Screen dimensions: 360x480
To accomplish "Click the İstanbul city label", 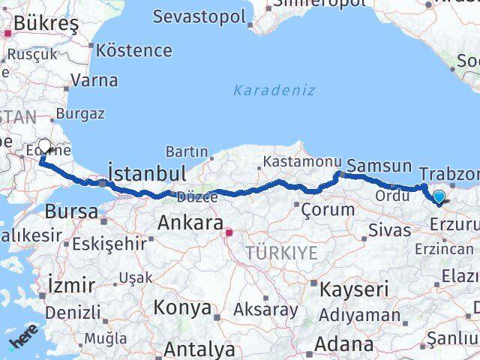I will (x=148, y=174).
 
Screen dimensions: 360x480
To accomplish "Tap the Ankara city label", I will (x=190, y=223).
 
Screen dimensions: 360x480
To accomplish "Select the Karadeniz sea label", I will (x=273, y=91).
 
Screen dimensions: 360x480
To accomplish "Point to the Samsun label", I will (x=380, y=166).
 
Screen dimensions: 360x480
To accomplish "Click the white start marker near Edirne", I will (x=44, y=145).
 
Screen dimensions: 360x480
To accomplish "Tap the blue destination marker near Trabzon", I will (x=439, y=197).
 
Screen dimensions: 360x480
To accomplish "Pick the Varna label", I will (x=96, y=79).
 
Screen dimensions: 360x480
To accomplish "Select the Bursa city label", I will (x=71, y=211).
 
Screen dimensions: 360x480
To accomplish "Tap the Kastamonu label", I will (x=297, y=161).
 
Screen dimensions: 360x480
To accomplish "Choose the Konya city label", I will (x=183, y=307).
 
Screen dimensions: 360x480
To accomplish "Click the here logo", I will (x=24, y=340).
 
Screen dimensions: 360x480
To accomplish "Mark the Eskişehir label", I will (x=109, y=243).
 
